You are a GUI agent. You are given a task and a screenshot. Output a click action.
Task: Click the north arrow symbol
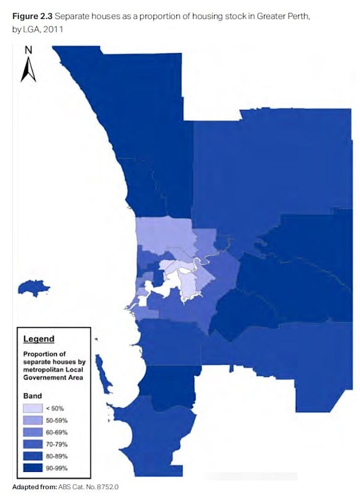(x=27, y=70)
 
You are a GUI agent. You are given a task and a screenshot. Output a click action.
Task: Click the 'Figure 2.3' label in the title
(x=30, y=15)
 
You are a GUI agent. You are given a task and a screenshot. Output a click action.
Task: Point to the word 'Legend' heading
(x=38, y=339)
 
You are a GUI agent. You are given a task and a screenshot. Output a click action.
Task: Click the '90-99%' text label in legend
(x=60, y=468)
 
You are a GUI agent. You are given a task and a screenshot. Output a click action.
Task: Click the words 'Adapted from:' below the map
(x=34, y=487)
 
